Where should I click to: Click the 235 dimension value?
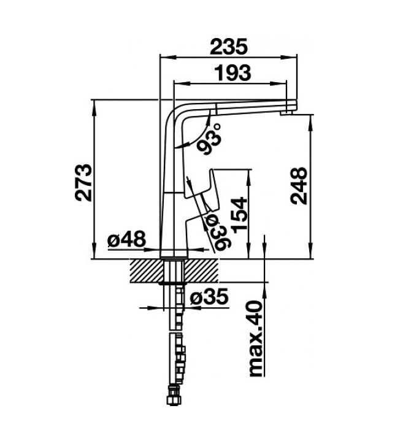tap(229, 47)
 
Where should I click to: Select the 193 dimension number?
tap(232, 72)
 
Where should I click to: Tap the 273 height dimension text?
tap(83, 182)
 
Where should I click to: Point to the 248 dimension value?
tap(298, 186)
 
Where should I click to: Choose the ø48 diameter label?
tap(126, 239)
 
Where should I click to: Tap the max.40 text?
tap(256, 338)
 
